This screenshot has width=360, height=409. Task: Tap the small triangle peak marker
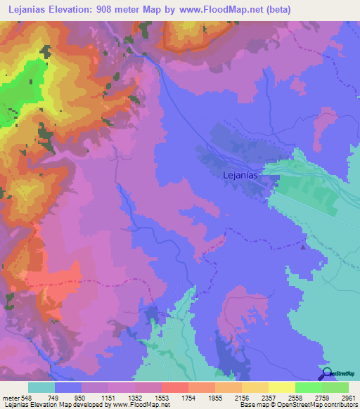coord(303,247)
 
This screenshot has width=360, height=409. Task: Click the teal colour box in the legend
coord(41,387)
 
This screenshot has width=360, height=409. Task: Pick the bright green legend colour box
coord(309,387)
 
